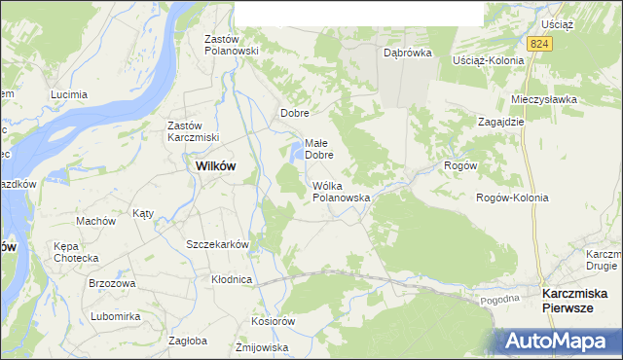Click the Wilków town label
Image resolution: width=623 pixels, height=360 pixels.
tap(215, 165)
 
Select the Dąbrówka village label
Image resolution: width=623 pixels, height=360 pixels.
tap(407, 54)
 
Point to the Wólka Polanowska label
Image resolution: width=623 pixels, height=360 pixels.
tap(341, 191)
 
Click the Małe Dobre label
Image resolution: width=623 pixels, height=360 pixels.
tap(319, 148)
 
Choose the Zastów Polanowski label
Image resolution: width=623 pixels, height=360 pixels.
tap(230, 44)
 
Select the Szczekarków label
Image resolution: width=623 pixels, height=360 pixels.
tap(218, 244)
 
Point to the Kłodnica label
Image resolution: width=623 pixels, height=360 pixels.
tap(232, 279)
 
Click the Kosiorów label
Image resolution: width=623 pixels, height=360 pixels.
tap(272, 321)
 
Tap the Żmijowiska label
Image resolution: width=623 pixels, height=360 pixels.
tap(262, 346)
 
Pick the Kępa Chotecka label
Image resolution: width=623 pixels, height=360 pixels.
tap(77, 252)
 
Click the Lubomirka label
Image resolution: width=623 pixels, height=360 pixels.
tap(115, 316)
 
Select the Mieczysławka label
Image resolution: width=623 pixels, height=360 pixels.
tap(544, 99)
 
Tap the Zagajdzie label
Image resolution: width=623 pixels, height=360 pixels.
tap(501, 122)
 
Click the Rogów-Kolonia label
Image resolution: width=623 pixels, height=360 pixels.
tap(512, 198)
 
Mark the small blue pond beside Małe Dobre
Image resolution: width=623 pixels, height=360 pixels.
tap(294, 152)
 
